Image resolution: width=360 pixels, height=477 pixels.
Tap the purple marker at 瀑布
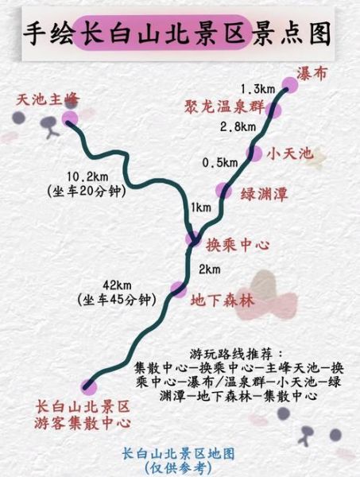pyautogui.click(x=289, y=86)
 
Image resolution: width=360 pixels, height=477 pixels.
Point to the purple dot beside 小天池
pyautogui.click(x=254, y=153)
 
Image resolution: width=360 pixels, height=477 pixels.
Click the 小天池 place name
pyautogui.click(x=290, y=153)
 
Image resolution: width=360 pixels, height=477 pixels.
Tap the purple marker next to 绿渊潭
pyautogui.click(x=224, y=190)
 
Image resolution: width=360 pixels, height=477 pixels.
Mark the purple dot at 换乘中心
pyautogui.click(x=193, y=238)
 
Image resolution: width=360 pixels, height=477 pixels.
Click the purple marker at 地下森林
pyautogui.click(x=178, y=289)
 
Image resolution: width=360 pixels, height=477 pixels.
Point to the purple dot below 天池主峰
pyautogui.click(x=70, y=118)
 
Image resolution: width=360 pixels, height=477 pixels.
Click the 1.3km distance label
pyautogui.click(x=257, y=87)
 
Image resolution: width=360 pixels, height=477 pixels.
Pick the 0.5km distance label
pyautogui.click(x=220, y=162)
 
